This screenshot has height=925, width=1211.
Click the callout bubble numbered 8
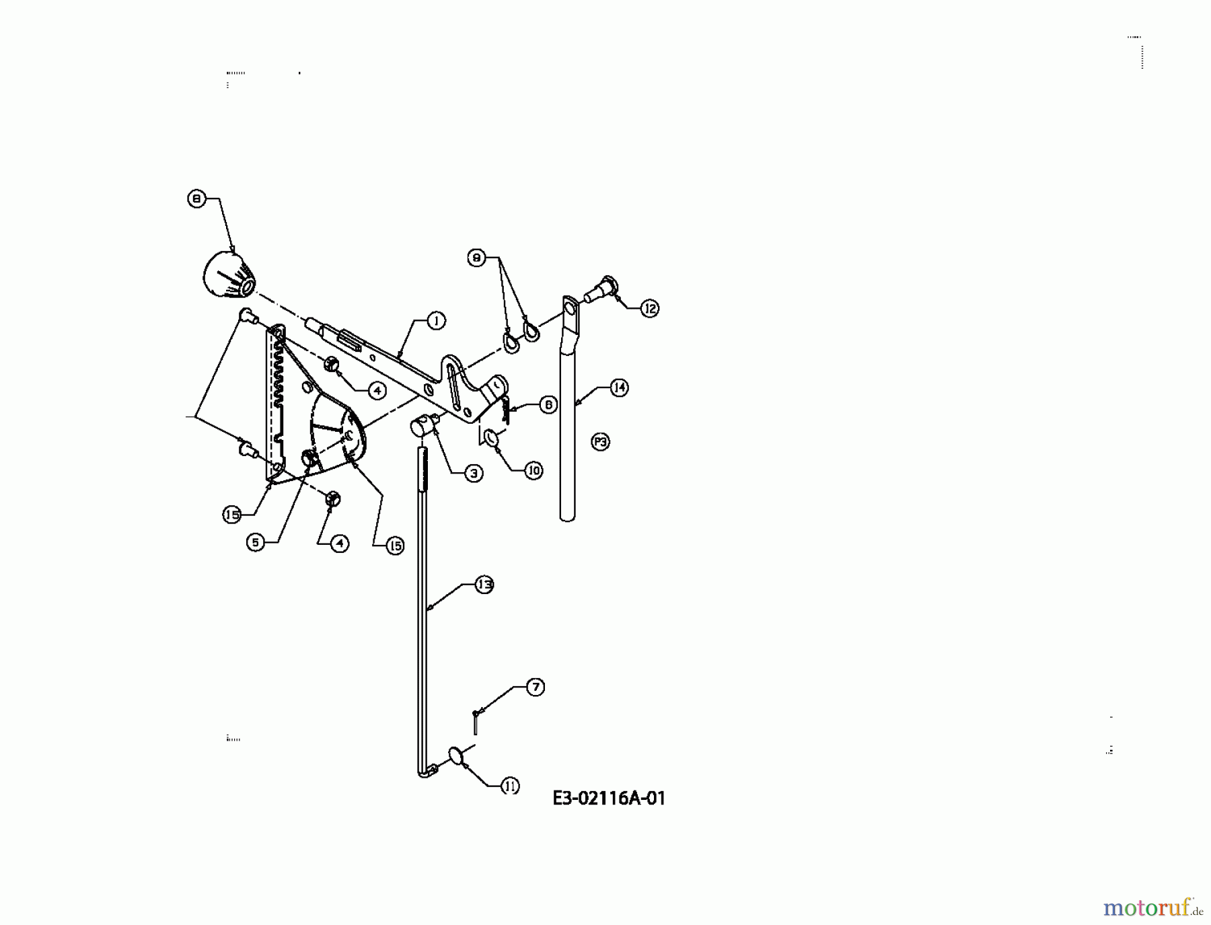(196, 199)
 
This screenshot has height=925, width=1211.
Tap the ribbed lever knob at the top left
(227, 278)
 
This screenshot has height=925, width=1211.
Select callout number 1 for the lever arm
(436, 321)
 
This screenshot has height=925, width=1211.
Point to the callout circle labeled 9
(476, 258)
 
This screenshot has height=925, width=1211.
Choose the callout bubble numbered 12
(649, 309)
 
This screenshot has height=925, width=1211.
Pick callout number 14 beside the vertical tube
(619, 387)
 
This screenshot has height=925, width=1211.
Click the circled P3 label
(600, 442)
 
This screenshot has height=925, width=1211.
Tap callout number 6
(548, 404)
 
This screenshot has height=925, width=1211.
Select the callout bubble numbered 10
(534, 470)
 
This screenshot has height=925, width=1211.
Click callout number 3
(474, 474)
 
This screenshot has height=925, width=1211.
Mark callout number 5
(256, 542)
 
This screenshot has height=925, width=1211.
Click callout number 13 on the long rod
(484, 585)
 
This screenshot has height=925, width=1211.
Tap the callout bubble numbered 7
(535, 687)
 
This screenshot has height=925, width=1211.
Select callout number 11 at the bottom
(510, 785)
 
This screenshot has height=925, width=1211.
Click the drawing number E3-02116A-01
(609, 799)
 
